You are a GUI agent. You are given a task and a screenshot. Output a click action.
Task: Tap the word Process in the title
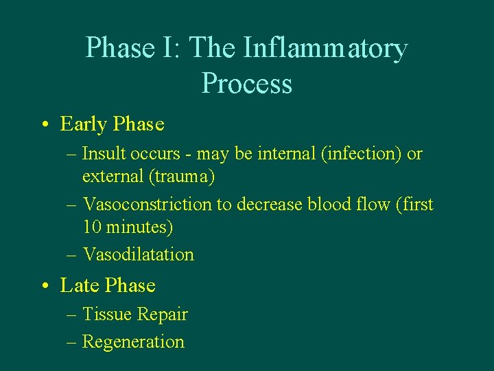coord(247,84)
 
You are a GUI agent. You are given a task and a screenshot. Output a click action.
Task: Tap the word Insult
coord(104,154)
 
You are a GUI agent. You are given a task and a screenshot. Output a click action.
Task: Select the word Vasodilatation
coord(139,254)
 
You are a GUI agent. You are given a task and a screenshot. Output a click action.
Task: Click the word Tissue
coord(107,314)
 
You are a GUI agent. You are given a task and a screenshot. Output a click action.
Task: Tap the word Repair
coord(163,314)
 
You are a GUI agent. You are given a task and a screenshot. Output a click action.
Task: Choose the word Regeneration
coord(133,341)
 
